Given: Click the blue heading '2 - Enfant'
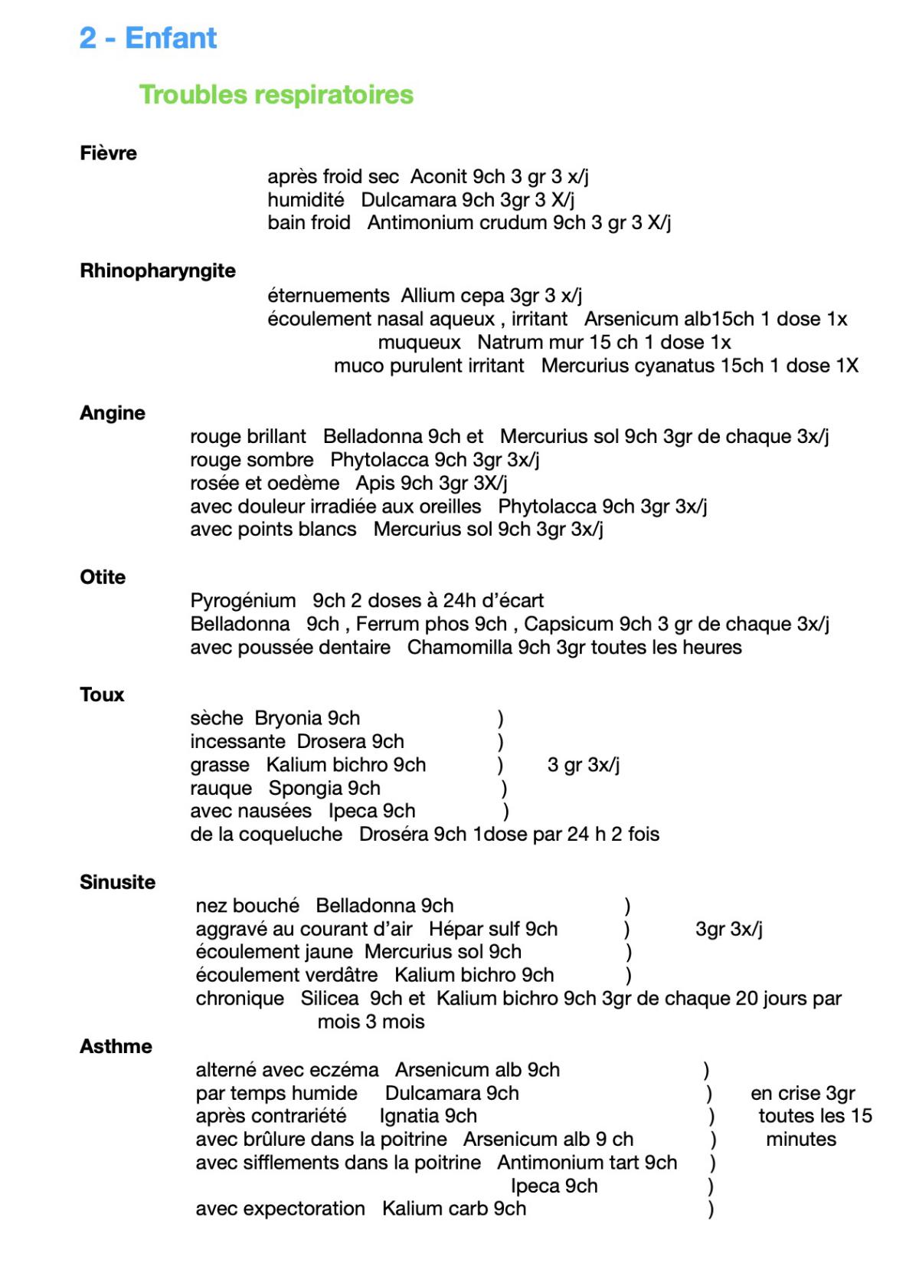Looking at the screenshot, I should (148, 38).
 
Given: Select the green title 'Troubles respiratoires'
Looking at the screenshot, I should (276, 95).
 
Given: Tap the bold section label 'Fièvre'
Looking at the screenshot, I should (108, 153).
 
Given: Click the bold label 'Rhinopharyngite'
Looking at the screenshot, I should (158, 271).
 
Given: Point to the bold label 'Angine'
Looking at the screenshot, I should (113, 413).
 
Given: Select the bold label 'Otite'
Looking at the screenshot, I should (103, 577).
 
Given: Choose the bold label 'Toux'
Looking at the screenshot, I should (102, 694).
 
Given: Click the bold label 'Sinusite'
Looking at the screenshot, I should (117, 882).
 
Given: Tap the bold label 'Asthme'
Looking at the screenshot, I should (116, 1046).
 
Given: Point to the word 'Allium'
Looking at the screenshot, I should (427, 296).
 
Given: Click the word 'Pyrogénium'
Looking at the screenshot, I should (243, 601).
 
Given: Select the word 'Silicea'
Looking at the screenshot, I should (329, 999).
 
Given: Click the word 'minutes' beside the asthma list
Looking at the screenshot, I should (801, 1140).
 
